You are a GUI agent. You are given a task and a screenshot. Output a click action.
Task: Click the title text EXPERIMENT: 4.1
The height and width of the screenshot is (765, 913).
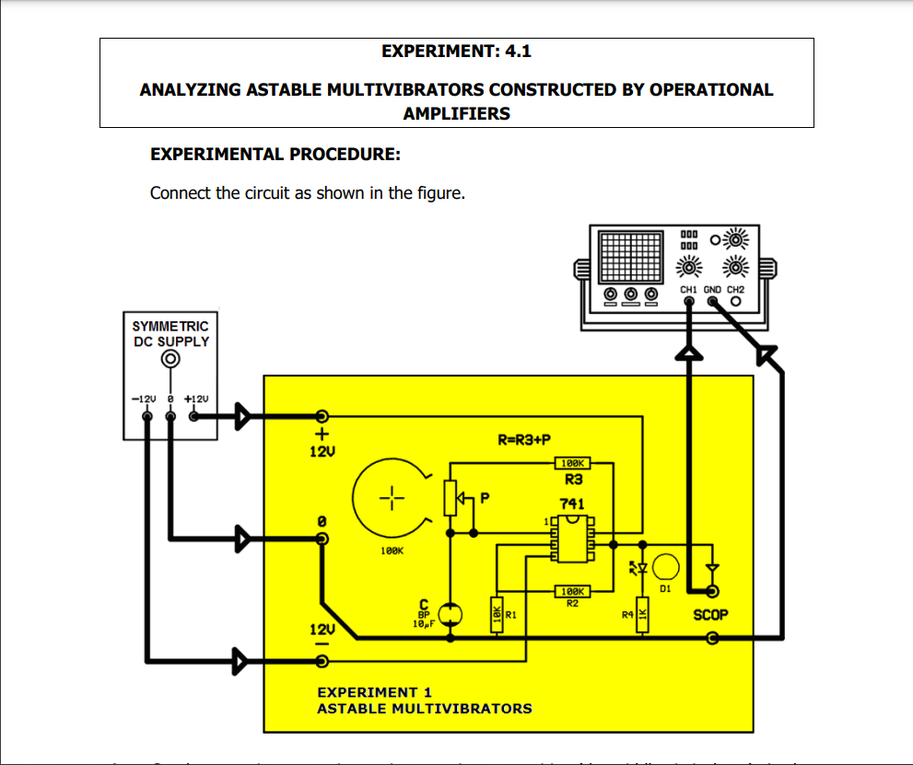pos(456,52)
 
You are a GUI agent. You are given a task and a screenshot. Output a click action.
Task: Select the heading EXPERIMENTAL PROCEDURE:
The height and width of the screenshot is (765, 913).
pos(275,154)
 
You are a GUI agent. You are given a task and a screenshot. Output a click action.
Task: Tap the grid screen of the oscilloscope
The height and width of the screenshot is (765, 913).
pos(630,255)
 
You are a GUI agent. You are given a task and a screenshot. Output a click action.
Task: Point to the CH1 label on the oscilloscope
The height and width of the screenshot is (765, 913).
pos(688,289)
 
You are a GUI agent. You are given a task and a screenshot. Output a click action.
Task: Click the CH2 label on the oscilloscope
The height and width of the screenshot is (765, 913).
pos(735,289)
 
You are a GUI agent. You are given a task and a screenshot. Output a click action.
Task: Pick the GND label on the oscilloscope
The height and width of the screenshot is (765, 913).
pos(712,289)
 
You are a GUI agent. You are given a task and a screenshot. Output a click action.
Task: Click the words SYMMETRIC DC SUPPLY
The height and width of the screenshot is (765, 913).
pos(170,333)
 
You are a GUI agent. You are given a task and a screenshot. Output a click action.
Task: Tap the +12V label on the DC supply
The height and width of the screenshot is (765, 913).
pos(196,400)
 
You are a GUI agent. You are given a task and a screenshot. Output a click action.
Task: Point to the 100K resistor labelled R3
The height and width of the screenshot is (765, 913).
pos(572,464)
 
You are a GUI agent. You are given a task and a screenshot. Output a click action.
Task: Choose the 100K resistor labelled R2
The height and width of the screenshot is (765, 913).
pos(572,591)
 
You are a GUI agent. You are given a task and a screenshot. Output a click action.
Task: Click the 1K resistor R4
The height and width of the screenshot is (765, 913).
pos(643,614)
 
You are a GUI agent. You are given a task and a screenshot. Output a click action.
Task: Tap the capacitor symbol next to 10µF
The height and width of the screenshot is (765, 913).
pos(449,613)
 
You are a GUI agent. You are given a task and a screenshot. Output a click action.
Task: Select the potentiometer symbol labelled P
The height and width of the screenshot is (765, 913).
pos(451,498)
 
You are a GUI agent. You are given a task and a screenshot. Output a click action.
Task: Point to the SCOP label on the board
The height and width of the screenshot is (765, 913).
pos(710,614)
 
